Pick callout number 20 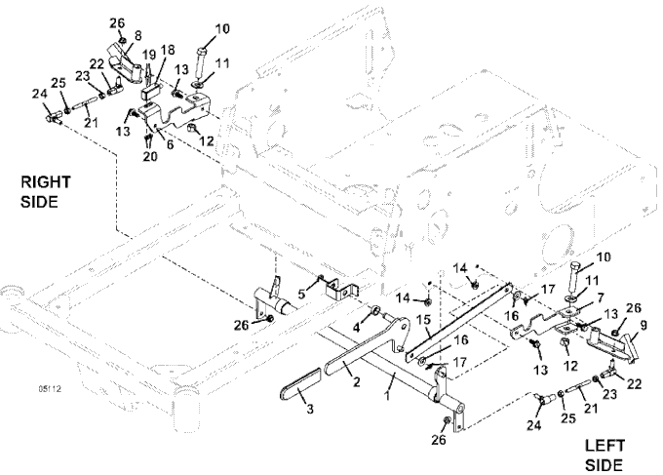click(x=149, y=155)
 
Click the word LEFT click(x=604, y=444)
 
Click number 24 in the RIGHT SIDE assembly click(x=40, y=95)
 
